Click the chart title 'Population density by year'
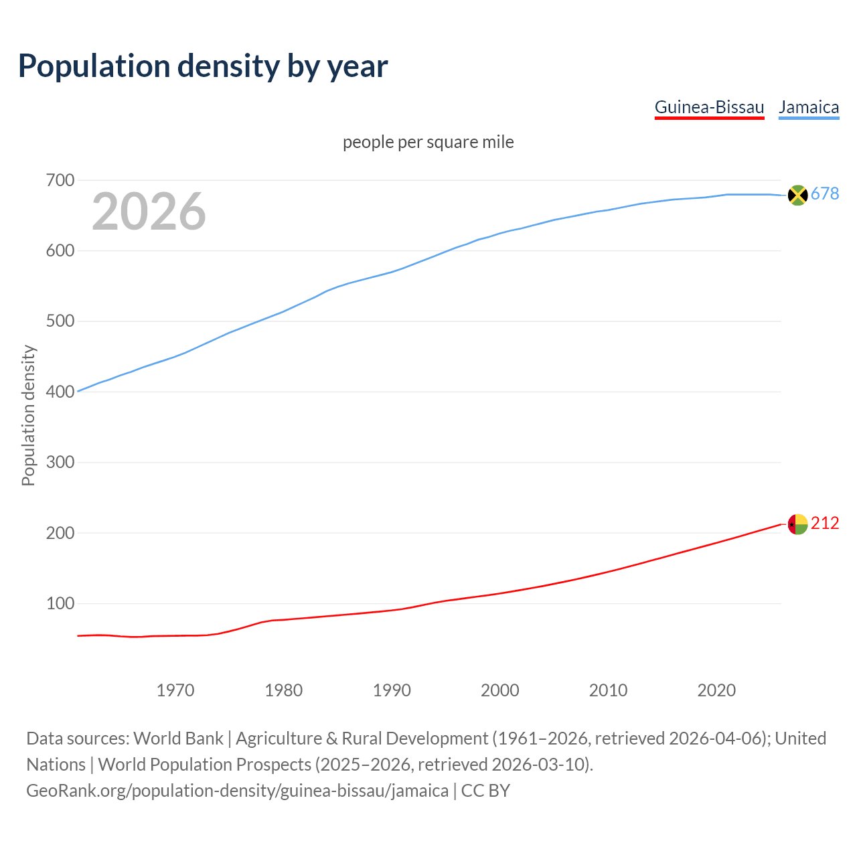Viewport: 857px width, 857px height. (203, 66)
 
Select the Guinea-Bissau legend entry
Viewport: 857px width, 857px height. (709, 107)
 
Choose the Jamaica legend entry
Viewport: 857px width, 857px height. (809, 107)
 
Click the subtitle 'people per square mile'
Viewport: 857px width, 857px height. (428, 143)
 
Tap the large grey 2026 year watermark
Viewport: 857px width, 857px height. (149, 212)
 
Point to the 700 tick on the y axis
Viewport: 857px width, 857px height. (60, 181)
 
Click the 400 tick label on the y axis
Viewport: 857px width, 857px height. (60, 392)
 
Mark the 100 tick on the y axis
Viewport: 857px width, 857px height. (60, 603)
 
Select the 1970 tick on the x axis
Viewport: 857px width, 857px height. (175, 690)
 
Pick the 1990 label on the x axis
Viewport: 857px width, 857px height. (392, 690)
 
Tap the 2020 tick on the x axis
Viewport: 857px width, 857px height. (716, 690)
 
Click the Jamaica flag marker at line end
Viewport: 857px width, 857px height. (797, 195)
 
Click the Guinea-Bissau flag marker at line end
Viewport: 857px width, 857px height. (797, 524)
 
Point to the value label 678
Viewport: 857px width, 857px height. (825, 194)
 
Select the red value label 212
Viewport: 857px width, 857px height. (825, 524)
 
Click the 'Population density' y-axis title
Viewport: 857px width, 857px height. (28, 415)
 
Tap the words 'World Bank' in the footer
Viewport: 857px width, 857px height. (178, 738)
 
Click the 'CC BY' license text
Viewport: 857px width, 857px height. (485, 791)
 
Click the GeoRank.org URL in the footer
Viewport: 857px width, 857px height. (237, 791)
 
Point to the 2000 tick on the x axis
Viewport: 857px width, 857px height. (500, 690)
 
